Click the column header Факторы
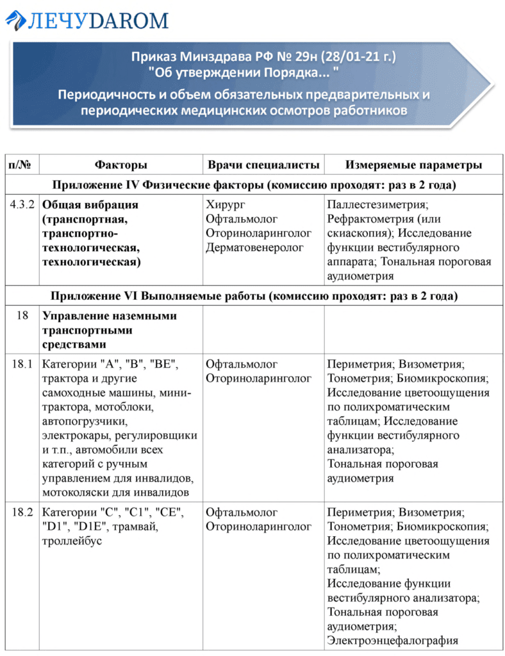[120, 165]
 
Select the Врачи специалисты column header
[263, 165]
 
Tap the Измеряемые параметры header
[413, 165]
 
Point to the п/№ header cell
[22, 165]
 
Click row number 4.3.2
[22, 206]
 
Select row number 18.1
[22, 365]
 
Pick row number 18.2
[22, 513]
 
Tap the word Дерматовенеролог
[254, 248]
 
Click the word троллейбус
[72, 541]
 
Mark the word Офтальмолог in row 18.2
[242, 513]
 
